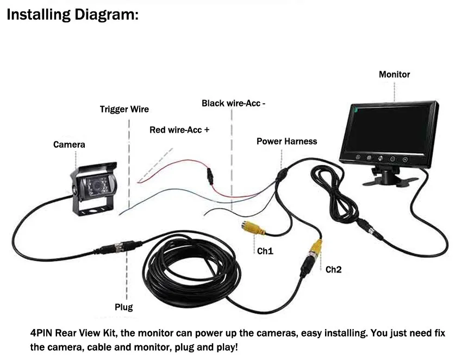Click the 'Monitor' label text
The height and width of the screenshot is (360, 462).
(x=394, y=75)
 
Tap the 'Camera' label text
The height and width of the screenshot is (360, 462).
(x=69, y=145)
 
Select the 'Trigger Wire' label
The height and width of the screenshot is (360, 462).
(x=124, y=109)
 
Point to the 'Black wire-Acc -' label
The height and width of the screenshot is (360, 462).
(x=233, y=103)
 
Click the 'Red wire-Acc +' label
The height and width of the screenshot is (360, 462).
(x=179, y=130)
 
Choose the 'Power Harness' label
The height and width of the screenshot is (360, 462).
(x=286, y=141)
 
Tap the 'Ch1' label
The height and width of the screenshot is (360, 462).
(x=265, y=251)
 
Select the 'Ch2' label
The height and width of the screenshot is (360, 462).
(x=334, y=270)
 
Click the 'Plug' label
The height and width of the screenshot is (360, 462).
(x=124, y=307)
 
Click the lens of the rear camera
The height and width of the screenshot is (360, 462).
(x=97, y=185)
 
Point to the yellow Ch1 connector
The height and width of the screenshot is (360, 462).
(x=253, y=228)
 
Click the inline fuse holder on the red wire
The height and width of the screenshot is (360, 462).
(x=210, y=176)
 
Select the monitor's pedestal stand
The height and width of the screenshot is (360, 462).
(x=389, y=176)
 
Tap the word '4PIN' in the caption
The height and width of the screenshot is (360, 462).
(x=41, y=333)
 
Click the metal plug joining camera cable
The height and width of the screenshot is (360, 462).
(x=120, y=247)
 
